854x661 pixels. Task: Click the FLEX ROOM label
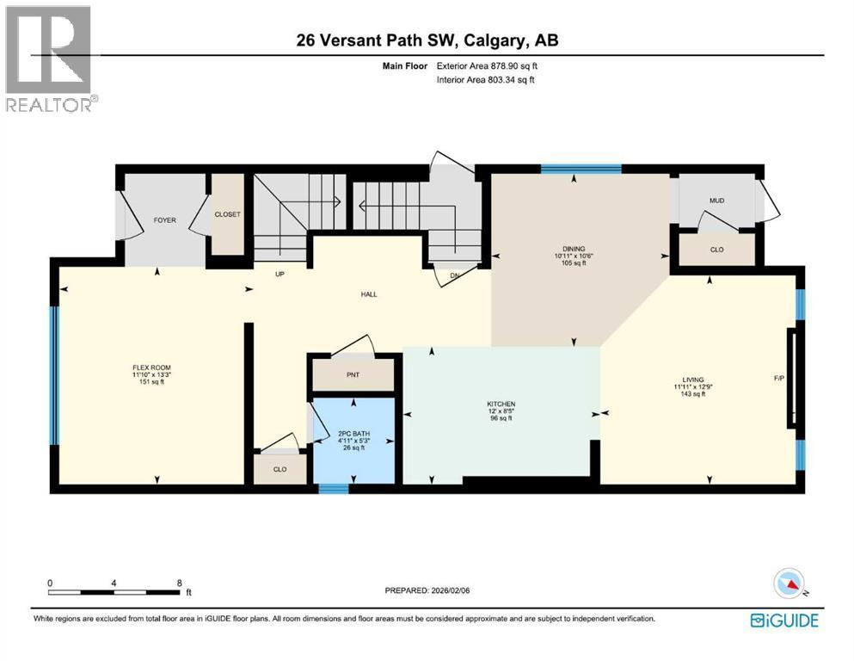[145, 368]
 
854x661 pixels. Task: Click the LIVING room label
[693, 380]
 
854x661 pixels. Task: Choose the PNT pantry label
[353, 375]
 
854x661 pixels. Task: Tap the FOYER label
[164, 220]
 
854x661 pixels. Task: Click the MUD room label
[716, 201]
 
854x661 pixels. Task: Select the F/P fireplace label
[779, 378]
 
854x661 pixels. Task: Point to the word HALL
[369, 294]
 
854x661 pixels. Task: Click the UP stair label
[279, 275]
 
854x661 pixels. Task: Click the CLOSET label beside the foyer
[228, 215]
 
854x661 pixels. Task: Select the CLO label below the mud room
[716, 250]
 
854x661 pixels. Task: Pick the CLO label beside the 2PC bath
[280, 469]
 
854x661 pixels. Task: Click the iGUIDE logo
[783, 620]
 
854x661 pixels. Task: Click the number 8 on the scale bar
[178, 583]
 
